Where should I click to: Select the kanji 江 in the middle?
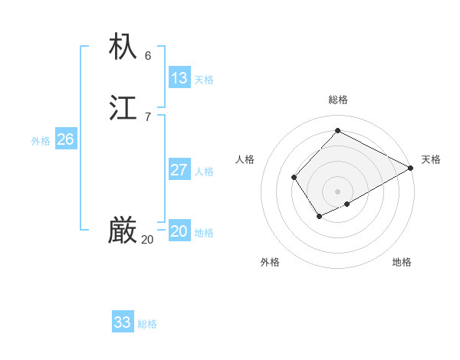pyautogui.click(x=123, y=108)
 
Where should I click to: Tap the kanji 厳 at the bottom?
pyautogui.click(x=123, y=231)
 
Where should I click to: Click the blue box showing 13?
pyautogui.click(x=179, y=78)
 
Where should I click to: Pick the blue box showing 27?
pyautogui.click(x=179, y=170)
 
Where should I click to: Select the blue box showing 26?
pyautogui.click(x=65, y=139)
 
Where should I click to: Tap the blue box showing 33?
pyautogui.click(x=123, y=322)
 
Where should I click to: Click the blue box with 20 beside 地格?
pyautogui.click(x=179, y=231)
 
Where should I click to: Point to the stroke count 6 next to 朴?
pyautogui.click(x=147, y=56)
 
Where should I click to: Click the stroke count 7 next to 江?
pyautogui.click(x=147, y=117)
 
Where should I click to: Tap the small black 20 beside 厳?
pyautogui.click(x=147, y=240)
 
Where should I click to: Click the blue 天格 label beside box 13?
pyautogui.click(x=204, y=80)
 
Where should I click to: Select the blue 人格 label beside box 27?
pyautogui.click(x=204, y=172)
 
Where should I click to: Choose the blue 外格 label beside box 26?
pyautogui.click(x=41, y=141)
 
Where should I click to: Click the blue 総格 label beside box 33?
pyautogui.click(x=147, y=324)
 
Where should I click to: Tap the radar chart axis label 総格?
pyautogui.click(x=337, y=100)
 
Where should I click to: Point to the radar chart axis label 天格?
pyautogui.click(x=431, y=159)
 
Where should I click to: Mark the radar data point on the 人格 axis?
pyautogui.click(x=294, y=178)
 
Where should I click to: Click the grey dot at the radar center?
pyautogui.click(x=337, y=191)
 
